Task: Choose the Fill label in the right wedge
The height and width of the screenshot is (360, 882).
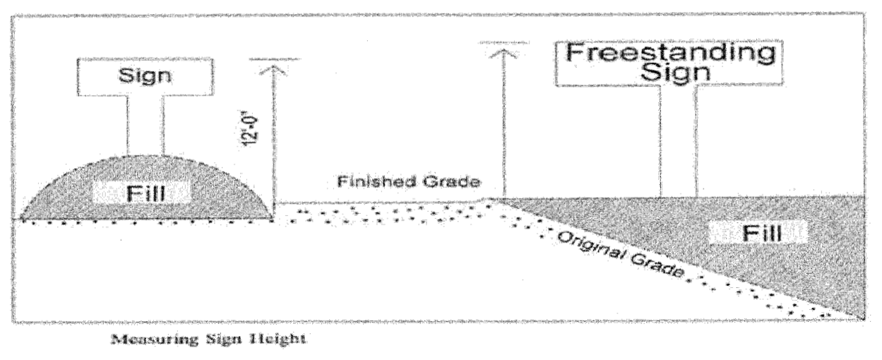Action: pos(756,233)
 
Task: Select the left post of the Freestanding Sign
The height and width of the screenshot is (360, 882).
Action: pos(660,141)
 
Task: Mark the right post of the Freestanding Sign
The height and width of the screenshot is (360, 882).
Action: pos(697,141)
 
